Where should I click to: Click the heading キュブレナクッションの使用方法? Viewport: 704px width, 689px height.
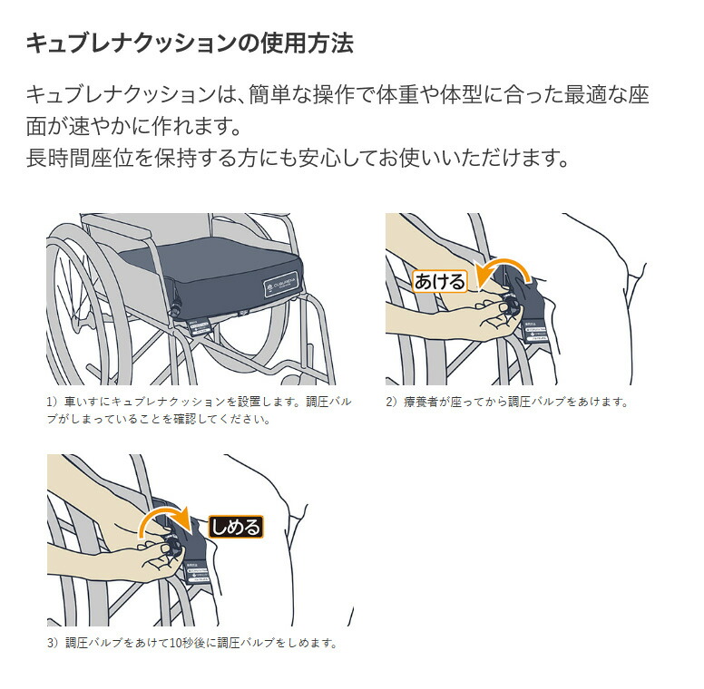coord(189,43)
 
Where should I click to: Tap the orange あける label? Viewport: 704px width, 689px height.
coord(440,281)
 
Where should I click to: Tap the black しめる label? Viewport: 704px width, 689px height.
coord(235,527)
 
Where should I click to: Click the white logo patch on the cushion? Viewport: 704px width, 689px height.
coord(276,289)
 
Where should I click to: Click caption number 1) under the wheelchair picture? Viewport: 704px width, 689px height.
coord(53,401)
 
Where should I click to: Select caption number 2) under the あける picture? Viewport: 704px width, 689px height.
coord(392,401)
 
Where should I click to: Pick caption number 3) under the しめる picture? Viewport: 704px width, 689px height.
coord(53,643)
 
